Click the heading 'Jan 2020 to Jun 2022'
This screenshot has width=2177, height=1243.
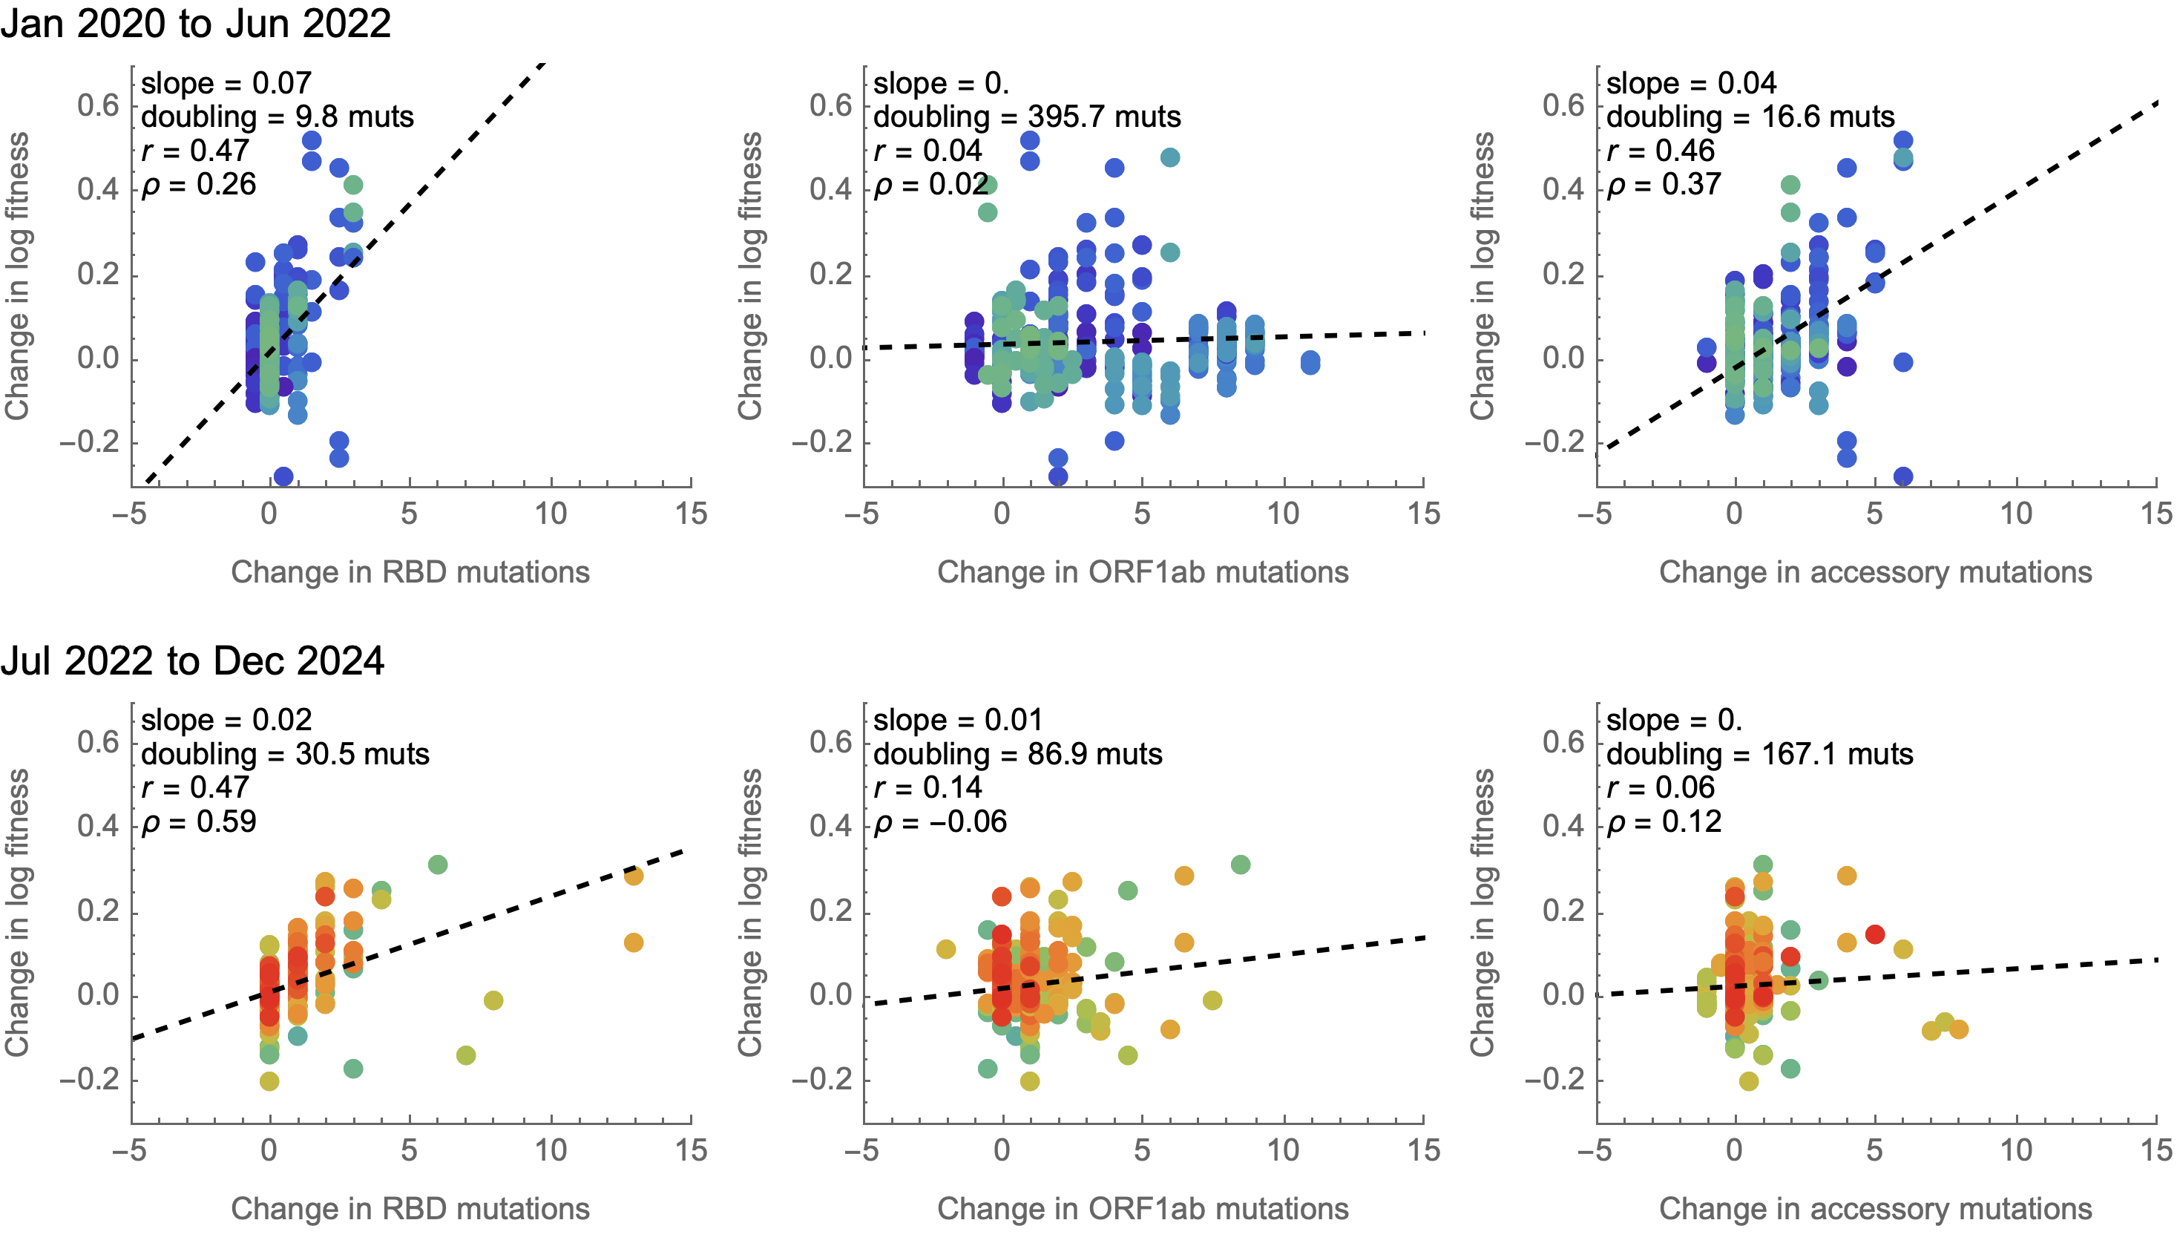point(195,23)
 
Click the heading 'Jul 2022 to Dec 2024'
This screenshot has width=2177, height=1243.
point(192,660)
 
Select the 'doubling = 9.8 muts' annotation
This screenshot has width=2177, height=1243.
point(278,117)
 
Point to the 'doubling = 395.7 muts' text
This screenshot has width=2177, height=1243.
point(1027,117)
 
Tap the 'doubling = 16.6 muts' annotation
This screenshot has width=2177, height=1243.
point(1750,117)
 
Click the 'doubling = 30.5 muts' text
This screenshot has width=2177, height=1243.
point(285,754)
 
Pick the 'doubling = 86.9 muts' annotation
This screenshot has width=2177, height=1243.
point(1017,754)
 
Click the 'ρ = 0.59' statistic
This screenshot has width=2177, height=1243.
point(199,821)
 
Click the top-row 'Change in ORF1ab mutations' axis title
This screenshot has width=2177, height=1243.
point(1143,572)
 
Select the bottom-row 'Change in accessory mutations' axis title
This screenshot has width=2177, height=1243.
point(1875,1209)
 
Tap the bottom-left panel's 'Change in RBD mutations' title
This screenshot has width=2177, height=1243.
point(410,1209)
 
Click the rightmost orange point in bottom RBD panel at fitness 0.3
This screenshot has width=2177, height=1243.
point(633,875)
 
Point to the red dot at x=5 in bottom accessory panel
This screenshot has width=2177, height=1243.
point(1875,934)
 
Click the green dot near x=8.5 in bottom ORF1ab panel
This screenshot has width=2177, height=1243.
point(1241,865)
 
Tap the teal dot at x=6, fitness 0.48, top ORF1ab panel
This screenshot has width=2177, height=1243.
point(1170,157)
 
